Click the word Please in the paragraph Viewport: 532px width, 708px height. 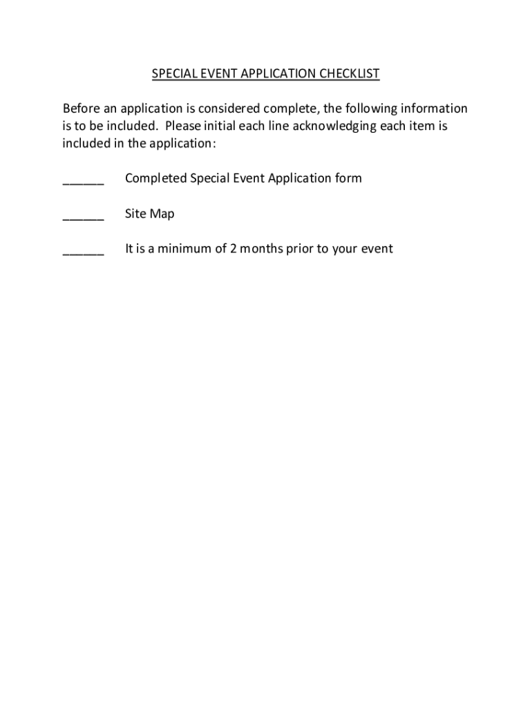point(183,127)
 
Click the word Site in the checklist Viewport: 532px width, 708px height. point(134,214)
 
